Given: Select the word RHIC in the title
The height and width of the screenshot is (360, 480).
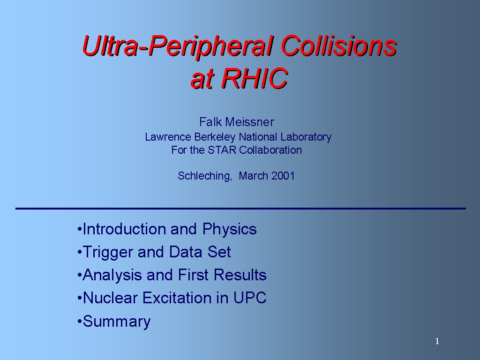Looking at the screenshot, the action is (x=255, y=78).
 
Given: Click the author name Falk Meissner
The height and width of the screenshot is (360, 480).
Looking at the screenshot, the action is (x=237, y=122).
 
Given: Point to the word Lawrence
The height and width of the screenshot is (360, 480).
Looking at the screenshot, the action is (x=168, y=137).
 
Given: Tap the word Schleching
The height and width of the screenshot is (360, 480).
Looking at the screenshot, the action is (x=205, y=176).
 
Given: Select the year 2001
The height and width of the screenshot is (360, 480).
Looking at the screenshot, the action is (x=283, y=176).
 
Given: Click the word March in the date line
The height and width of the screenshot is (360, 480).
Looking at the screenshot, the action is (x=254, y=176).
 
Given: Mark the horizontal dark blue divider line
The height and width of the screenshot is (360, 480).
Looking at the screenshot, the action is (x=240, y=209).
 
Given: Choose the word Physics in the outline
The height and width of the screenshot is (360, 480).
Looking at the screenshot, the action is (x=229, y=229).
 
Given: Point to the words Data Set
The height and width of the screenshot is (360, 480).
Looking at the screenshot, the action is (x=200, y=252).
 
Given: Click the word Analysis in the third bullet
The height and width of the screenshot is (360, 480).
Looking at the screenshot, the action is (x=112, y=275).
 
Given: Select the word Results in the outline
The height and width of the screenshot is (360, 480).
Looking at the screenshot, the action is (x=240, y=275).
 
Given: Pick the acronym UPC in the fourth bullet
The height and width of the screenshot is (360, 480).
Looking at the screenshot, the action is (x=250, y=298).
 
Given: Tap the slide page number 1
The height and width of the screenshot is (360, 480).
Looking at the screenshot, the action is (x=437, y=341).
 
